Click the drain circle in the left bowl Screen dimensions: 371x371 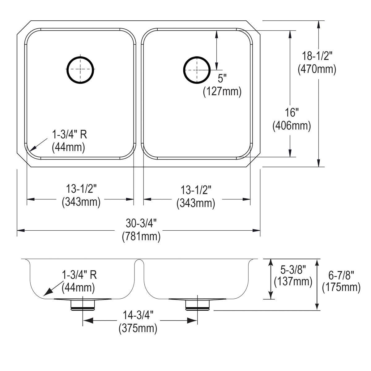(80, 69)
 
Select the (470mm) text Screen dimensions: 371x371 (317, 69)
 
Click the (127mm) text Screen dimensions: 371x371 (222, 92)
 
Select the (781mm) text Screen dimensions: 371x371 (141, 237)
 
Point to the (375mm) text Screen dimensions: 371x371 (138, 328)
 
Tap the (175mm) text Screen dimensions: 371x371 (341, 288)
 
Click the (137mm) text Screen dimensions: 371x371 (293, 281)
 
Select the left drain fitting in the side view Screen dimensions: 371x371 (83, 305)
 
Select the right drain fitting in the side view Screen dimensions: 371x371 (197, 305)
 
